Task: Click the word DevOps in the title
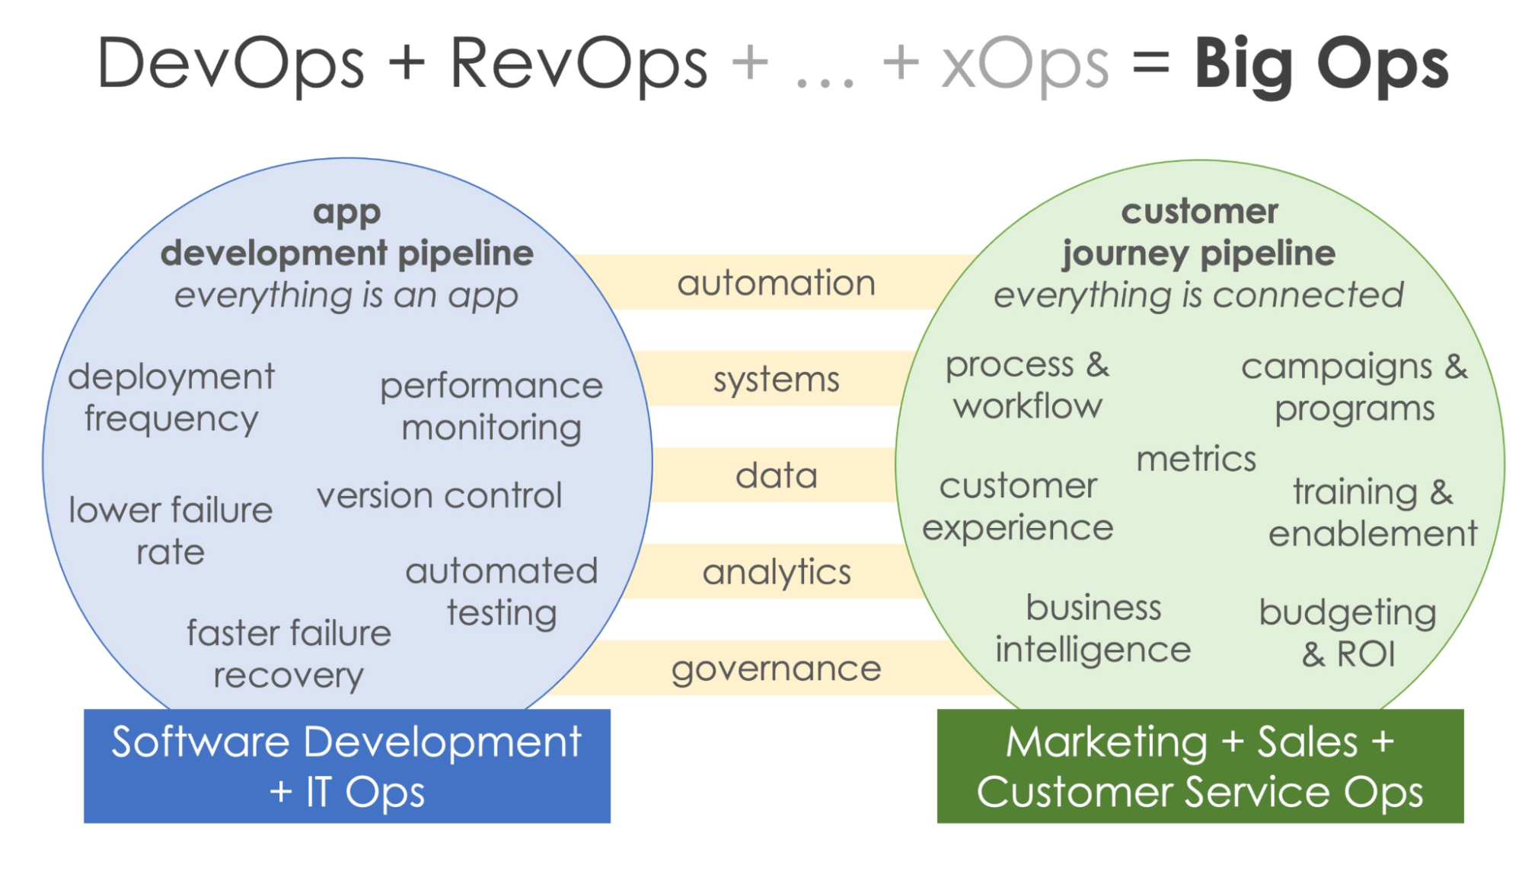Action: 231,65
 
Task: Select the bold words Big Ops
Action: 1321,65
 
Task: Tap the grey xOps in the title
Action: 1025,65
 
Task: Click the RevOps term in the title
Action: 579,65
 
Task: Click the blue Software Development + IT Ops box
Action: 347,766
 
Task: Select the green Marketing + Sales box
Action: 1200,766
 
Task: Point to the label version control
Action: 439,495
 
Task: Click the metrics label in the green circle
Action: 1196,459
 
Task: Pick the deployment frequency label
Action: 171,398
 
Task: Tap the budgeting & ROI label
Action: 1348,632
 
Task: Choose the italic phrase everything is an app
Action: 346,295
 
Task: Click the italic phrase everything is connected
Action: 1198,295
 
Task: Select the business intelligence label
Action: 1093,628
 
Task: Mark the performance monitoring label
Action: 492,407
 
